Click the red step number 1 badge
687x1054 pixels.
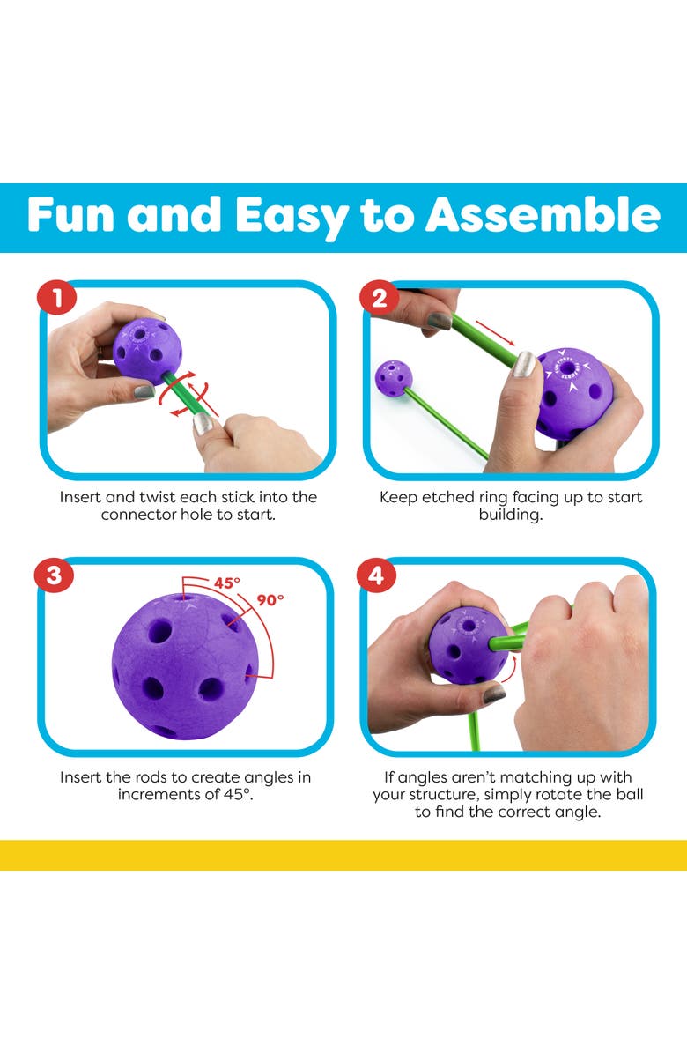tap(57, 297)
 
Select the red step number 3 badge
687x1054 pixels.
tap(54, 576)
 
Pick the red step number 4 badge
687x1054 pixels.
tap(376, 576)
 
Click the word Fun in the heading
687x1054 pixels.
tap(70, 216)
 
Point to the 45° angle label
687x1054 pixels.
tap(227, 583)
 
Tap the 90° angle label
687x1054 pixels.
tap(270, 599)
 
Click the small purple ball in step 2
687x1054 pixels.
tap(394, 378)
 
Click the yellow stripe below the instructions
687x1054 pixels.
tap(343, 855)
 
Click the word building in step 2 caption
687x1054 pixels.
tap(510, 516)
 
